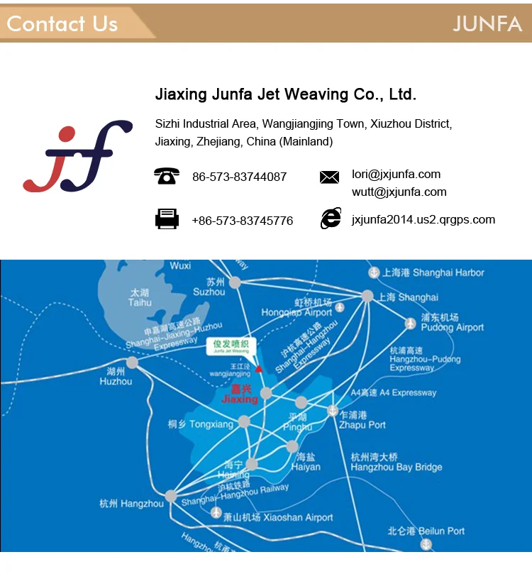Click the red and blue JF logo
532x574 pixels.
click(x=77, y=157)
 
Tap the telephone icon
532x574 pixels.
click(x=167, y=176)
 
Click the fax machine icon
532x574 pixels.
click(x=167, y=219)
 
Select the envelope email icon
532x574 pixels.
click(x=329, y=177)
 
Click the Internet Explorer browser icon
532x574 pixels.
click(x=331, y=219)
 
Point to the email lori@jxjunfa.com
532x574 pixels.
click(x=396, y=175)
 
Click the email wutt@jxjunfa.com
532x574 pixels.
click(x=399, y=192)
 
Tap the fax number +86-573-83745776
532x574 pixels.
click(x=242, y=221)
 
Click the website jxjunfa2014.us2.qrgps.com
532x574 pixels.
click(x=423, y=220)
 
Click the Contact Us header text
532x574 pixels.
click(x=62, y=23)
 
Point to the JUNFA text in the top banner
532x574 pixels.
click(x=487, y=23)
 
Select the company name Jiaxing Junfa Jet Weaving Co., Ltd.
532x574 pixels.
click(x=285, y=94)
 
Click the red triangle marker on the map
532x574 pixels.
click(x=259, y=369)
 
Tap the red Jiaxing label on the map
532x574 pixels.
click(x=240, y=394)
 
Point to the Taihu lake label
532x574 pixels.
click(x=140, y=297)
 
